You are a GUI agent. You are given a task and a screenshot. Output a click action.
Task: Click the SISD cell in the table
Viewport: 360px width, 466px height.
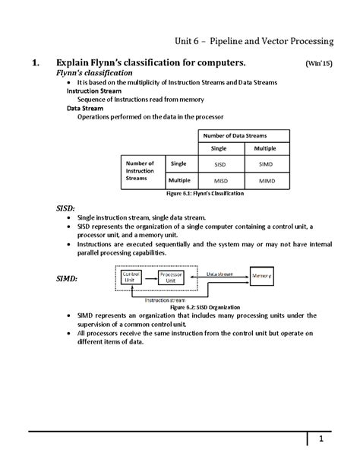(219, 163)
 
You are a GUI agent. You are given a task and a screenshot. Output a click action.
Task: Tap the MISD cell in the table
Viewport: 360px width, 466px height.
(219, 181)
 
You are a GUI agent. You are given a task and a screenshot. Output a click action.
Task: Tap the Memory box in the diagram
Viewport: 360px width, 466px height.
(263, 275)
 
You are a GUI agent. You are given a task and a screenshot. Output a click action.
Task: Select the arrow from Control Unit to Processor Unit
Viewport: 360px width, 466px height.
(150, 277)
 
